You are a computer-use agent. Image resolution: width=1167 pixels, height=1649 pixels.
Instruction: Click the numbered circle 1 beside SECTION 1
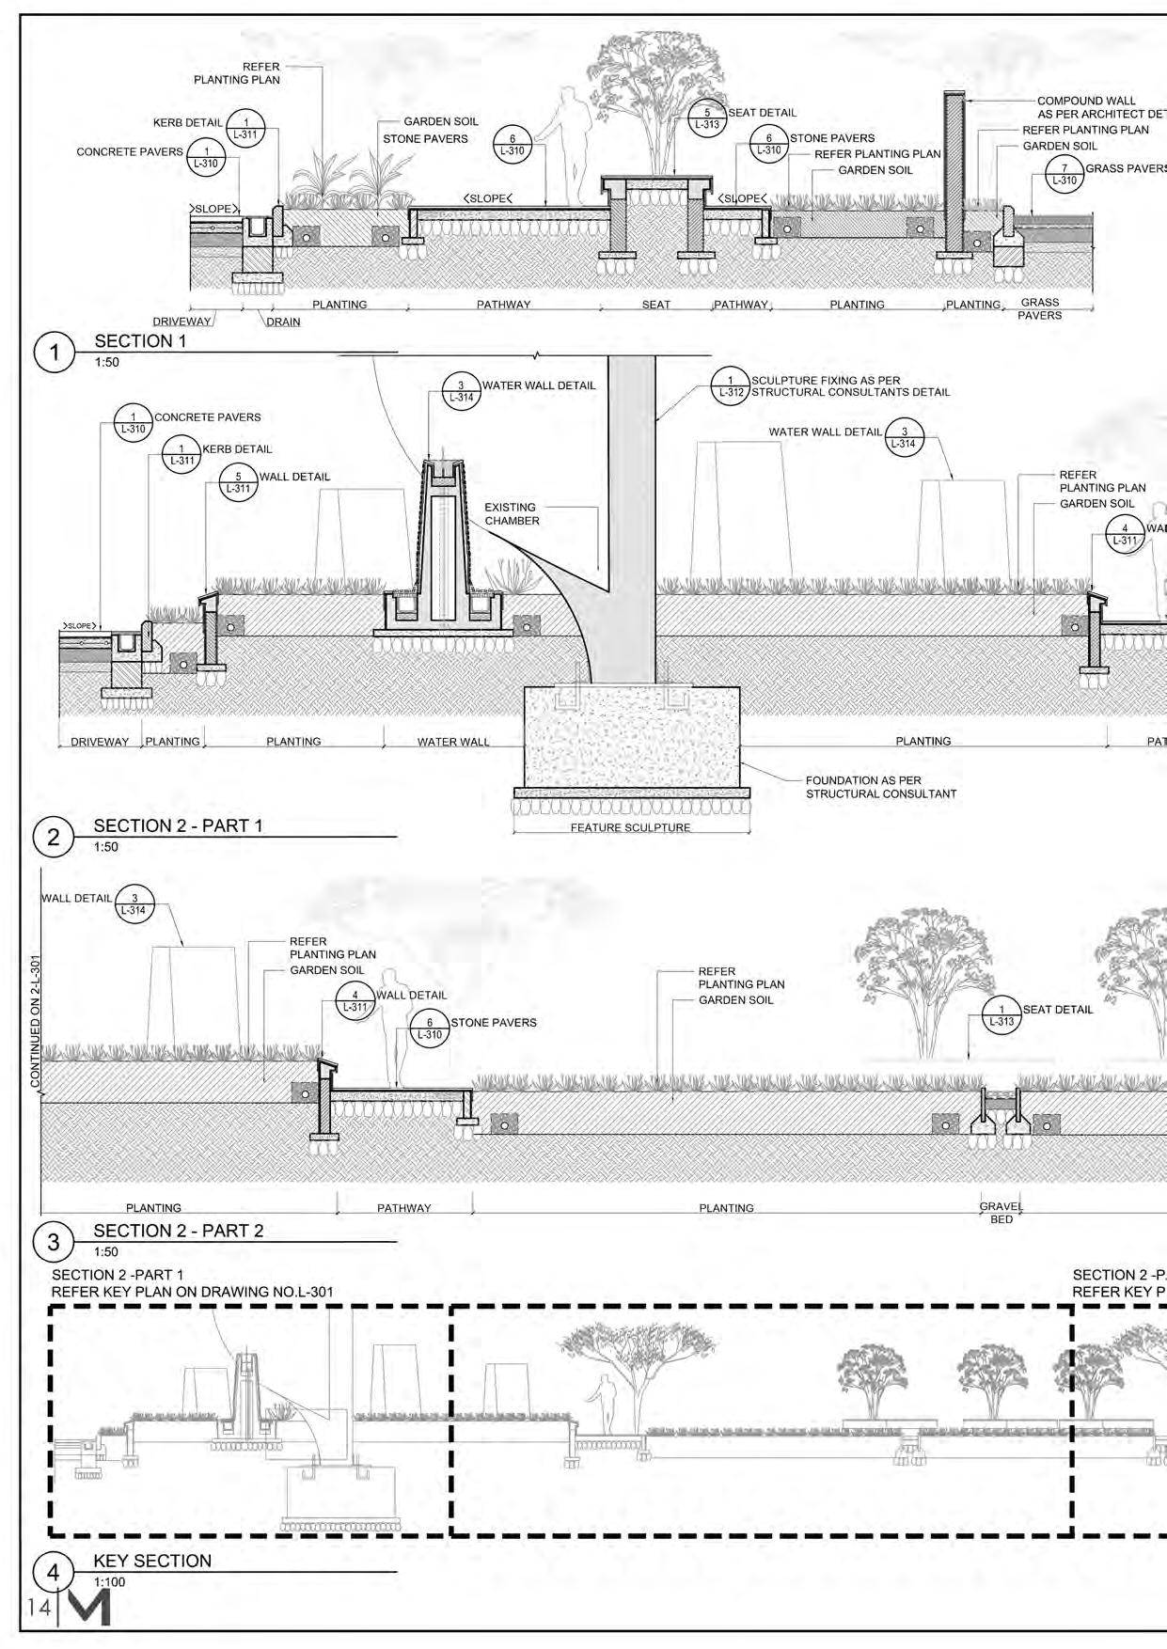coord(54,352)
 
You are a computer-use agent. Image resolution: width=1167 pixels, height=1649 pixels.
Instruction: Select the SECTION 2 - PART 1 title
coord(178,825)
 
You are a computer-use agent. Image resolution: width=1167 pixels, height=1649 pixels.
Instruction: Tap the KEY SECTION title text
coord(152,1561)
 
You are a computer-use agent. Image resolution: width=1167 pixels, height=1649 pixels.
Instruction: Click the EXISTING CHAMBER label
coord(512,513)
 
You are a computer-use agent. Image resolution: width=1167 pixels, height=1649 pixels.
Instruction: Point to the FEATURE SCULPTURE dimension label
coord(630,827)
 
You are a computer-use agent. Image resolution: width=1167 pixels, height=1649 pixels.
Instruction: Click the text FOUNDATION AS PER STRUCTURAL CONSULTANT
coord(880,787)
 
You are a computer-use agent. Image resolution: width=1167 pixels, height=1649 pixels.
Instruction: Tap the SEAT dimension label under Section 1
coord(656,305)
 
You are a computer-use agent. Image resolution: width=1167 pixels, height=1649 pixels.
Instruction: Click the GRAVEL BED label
coord(1001,1213)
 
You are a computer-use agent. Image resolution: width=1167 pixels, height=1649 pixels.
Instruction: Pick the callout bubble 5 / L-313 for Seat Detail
coord(707,118)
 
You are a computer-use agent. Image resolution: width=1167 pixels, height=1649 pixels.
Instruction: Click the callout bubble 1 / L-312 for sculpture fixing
coord(731,386)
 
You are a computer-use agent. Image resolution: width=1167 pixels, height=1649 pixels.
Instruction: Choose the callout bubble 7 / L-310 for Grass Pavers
coord(1064,174)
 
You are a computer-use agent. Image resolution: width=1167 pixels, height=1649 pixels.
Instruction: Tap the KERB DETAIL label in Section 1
coord(188,122)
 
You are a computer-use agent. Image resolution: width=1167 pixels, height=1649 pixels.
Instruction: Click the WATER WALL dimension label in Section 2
coord(453,742)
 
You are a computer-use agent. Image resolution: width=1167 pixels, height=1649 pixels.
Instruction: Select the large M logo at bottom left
coord(88,1605)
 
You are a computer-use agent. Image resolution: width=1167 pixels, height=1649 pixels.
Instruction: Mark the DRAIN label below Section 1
coord(283,322)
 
